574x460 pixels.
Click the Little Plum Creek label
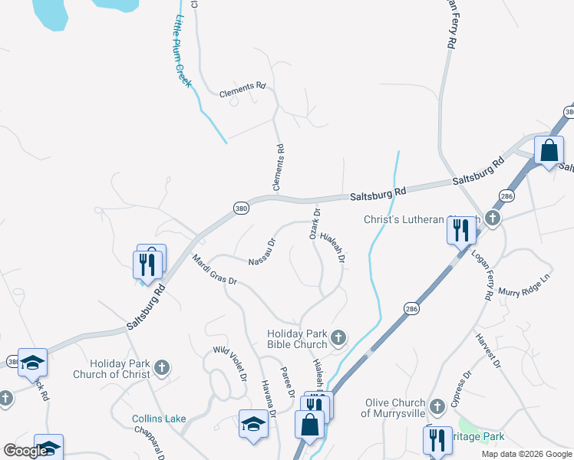pyautogui.click(x=183, y=51)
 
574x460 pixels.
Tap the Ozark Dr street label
pyautogui.click(x=314, y=222)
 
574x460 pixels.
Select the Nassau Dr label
pyautogui.click(x=262, y=252)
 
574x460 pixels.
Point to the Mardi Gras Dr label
pyautogui.click(x=215, y=270)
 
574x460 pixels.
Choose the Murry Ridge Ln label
pyautogui.click(x=525, y=287)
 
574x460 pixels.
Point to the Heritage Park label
pyautogui.click(x=480, y=436)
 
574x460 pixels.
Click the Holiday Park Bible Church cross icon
pyautogui.click(x=337, y=337)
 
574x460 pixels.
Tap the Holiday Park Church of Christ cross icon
pyautogui.click(x=161, y=368)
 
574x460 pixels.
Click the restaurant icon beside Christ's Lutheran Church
pyautogui.click(x=461, y=229)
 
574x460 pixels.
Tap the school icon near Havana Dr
pyautogui.click(x=253, y=423)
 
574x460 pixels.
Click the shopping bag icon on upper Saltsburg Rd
pyautogui.click(x=549, y=149)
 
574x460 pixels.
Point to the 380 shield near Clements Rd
pyautogui.click(x=241, y=208)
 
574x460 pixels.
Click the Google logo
pyautogui.click(x=25, y=451)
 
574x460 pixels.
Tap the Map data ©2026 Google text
pyautogui.click(x=526, y=454)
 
